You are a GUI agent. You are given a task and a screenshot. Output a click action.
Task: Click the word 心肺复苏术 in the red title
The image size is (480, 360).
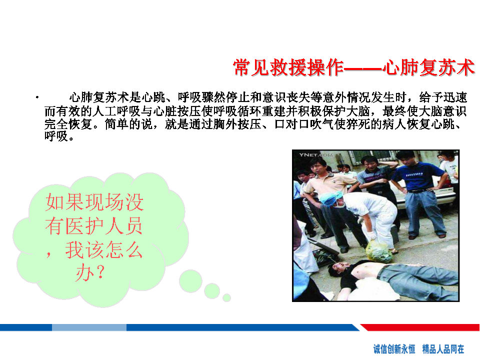tap(428, 67)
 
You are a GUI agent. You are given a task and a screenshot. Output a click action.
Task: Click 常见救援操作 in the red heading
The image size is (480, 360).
tap(288, 67)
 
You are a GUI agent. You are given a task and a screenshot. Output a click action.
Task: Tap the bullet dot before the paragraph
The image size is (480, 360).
tap(37, 97)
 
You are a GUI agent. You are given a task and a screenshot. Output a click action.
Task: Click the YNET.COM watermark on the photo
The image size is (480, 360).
tap(316, 155)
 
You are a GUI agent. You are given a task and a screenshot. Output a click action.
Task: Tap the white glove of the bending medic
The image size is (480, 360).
tap(371, 235)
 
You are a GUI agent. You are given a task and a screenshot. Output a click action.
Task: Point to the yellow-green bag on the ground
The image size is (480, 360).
tap(379, 251)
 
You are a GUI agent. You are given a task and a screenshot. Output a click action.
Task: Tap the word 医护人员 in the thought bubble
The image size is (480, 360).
tap(104, 226)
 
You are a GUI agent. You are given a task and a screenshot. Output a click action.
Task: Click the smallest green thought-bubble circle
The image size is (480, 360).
tap(226, 297)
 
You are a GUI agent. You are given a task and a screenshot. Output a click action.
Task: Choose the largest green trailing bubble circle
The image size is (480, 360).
tap(190, 281)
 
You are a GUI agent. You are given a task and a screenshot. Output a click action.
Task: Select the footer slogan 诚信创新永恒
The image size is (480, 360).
tap(394, 348)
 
